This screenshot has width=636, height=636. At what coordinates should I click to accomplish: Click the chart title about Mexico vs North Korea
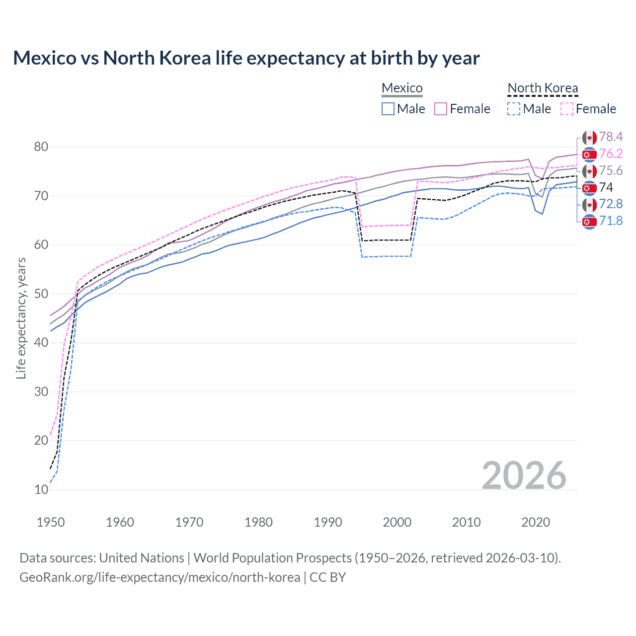tap(246, 58)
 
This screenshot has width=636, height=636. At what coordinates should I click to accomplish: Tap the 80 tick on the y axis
tap(41, 147)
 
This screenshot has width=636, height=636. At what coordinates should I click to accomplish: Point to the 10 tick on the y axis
tap(41, 489)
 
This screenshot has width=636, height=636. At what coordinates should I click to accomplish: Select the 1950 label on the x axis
tap(51, 522)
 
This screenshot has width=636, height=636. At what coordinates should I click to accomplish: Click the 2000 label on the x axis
tap(397, 522)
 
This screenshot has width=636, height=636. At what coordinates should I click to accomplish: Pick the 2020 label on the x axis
tap(536, 522)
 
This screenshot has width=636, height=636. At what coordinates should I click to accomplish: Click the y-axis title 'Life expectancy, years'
tap(21, 318)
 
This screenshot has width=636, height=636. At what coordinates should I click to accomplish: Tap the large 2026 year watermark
tap(524, 476)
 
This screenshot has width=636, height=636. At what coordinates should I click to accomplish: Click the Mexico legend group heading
tap(402, 88)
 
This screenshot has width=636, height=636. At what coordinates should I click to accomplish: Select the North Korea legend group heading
tap(543, 88)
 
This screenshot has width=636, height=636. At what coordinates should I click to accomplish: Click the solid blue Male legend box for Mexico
tap(388, 109)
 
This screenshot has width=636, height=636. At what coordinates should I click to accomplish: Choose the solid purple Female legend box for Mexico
tap(441, 109)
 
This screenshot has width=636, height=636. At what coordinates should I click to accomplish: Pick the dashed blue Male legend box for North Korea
tap(514, 109)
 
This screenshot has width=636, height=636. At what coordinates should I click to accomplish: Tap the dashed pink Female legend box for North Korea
tap(566, 109)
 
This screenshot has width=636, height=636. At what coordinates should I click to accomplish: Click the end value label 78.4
tap(611, 137)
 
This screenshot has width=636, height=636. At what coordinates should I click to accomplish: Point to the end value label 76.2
tap(611, 154)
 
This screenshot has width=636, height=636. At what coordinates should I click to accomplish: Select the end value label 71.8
tap(611, 221)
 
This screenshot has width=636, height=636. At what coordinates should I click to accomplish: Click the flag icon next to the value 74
tap(589, 188)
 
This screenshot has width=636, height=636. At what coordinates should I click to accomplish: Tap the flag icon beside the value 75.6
tap(589, 171)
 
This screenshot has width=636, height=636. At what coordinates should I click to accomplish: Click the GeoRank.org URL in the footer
tap(159, 577)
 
